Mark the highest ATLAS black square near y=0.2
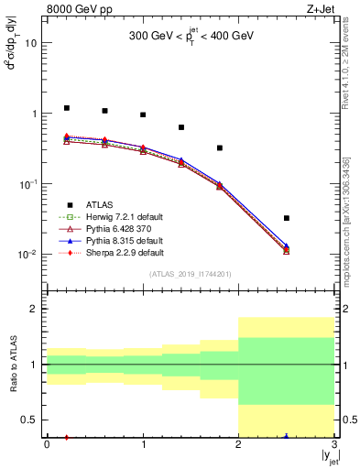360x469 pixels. (66, 108)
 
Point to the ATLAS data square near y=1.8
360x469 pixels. (220, 147)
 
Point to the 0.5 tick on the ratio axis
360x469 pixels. (30, 420)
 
